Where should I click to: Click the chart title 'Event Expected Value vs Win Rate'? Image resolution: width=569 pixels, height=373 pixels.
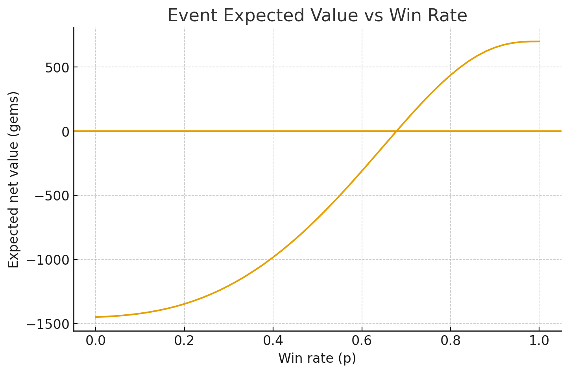click(x=317, y=16)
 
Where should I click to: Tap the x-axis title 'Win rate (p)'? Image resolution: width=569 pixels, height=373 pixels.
click(x=317, y=358)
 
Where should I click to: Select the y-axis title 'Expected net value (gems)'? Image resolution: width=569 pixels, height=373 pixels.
click(x=14, y=180)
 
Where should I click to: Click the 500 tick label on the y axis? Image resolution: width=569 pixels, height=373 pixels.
click(x=57, y=67)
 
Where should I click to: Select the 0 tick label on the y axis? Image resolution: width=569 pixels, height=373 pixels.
click(x=65, y=132)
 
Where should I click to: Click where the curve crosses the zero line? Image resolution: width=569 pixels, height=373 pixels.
click(x=397, y=131)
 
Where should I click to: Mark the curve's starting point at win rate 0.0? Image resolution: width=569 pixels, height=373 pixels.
click(x=96, y=317)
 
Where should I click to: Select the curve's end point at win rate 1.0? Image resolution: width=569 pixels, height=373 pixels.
click(x=539, y=41)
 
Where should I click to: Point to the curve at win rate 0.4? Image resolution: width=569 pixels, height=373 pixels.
click(x=273, y=257)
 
